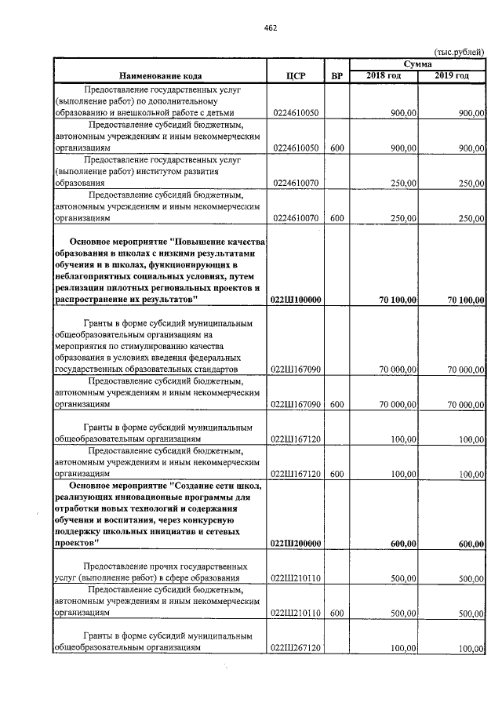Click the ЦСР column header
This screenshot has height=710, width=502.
[296, 76]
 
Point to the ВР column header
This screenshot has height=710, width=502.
[337, 76]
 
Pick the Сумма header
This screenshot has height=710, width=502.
[419, 64]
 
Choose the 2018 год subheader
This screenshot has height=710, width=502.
[384, 75]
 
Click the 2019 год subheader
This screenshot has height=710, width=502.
[453, 75]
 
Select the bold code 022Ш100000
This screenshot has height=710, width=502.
[296, 300]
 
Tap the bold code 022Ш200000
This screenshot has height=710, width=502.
[296, 544]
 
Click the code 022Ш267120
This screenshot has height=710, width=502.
[296, 648]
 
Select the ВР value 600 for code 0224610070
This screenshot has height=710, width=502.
[337, 217]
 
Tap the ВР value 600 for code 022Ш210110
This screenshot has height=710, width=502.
[337, 613]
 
